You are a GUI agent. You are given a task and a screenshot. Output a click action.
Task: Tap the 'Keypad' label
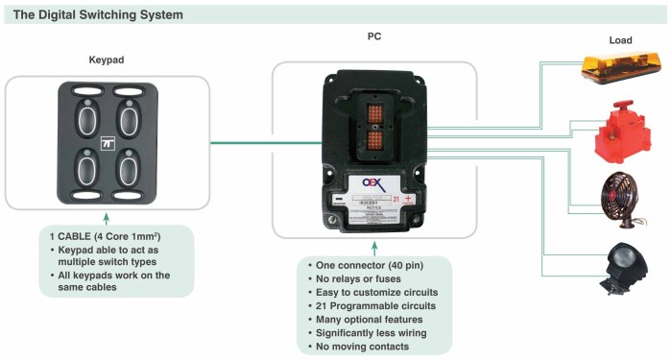click(107, 60)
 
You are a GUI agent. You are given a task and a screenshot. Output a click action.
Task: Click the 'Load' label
click(621, 40)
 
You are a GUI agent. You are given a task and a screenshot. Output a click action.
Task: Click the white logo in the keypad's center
click(108, 144)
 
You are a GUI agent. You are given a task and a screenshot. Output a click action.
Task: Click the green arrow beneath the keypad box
click(106, 219)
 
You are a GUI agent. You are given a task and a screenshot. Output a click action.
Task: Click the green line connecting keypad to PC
click(240, 144)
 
